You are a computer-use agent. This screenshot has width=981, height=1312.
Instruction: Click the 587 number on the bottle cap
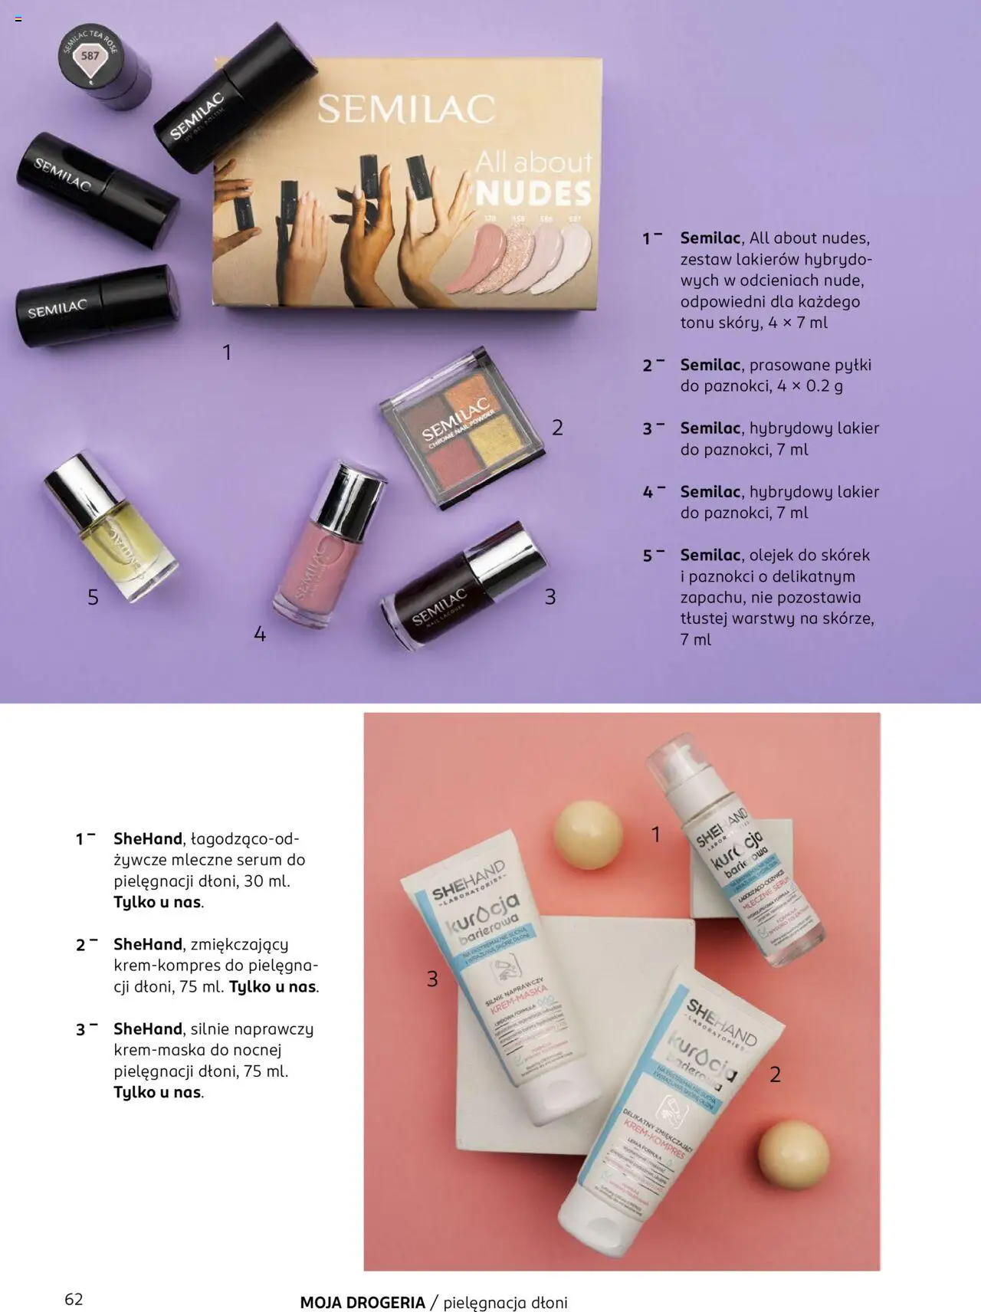(90, 56)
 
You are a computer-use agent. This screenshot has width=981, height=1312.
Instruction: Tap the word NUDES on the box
(533, 194)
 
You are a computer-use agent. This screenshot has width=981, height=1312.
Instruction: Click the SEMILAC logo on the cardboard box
(406, 110)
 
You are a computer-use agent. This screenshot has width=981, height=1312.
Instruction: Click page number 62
(74, 1299)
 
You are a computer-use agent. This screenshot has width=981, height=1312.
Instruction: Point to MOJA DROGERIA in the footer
(363, 1302)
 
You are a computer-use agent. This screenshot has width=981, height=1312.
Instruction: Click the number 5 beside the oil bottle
(93, 597)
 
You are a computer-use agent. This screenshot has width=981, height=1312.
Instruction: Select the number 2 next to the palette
(557, 428)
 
